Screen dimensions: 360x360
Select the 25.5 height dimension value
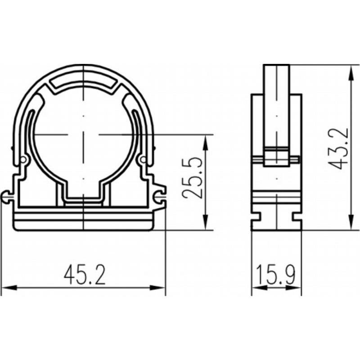coord(192,178)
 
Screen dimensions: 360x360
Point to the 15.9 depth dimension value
coord(276,275)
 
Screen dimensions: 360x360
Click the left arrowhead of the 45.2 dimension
coord(9,288)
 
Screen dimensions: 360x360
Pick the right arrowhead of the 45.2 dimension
coord(157,288)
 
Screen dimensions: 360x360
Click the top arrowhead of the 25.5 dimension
coord(206,142)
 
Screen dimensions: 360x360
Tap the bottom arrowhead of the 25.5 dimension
coord(206,222)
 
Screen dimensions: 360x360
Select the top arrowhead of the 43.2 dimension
coord(351,73)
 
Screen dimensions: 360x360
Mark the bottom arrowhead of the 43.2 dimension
coord(351,222)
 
